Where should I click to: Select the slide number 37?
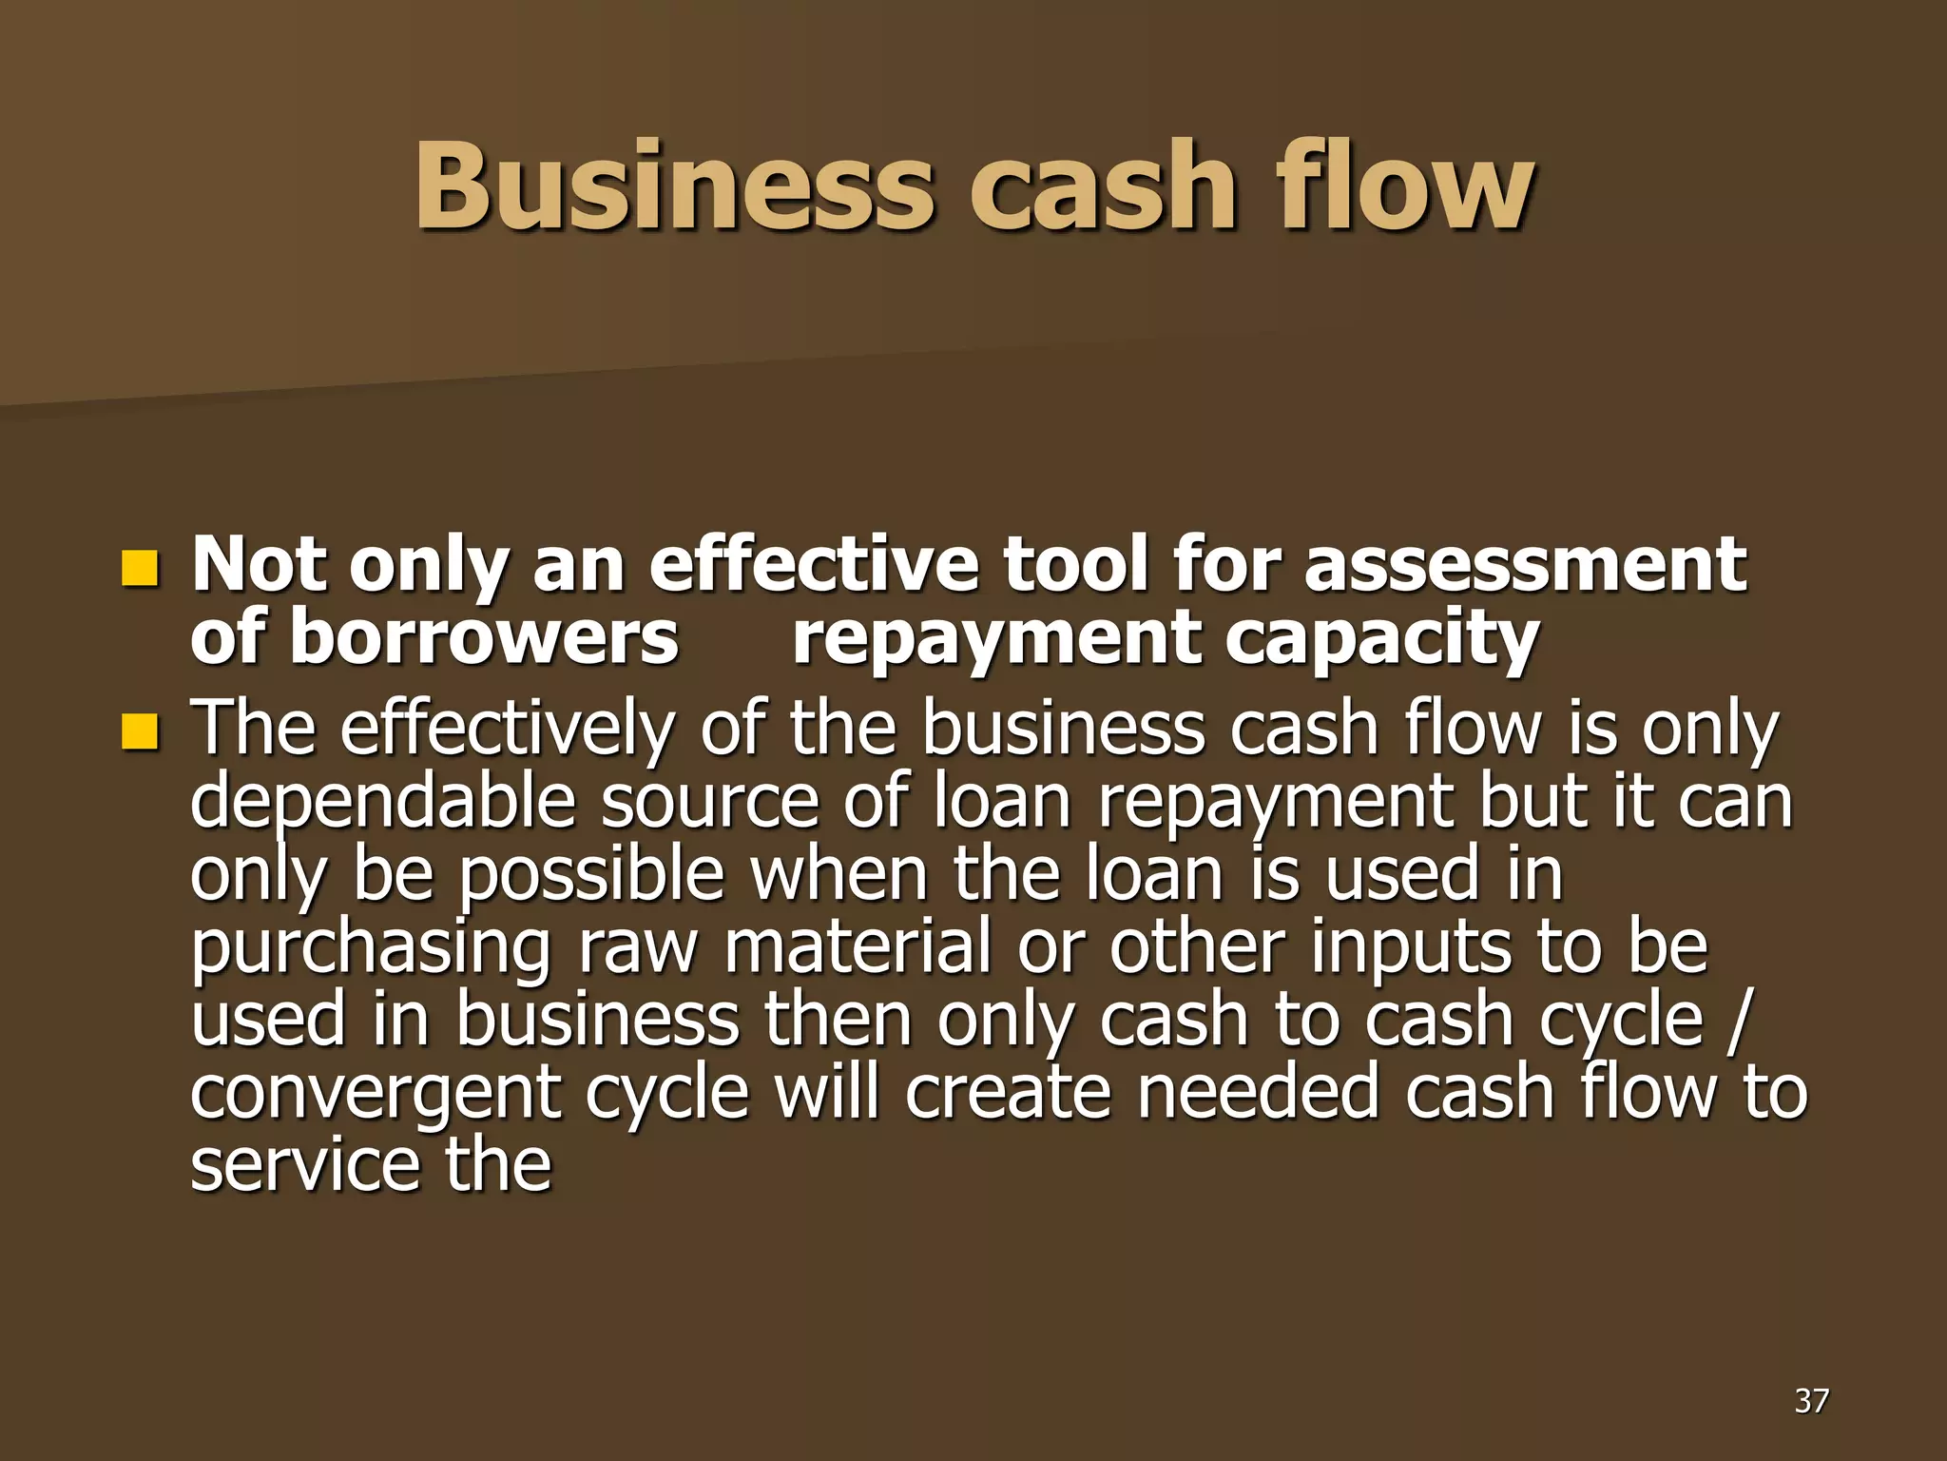pyautogui.click(x=1811, y=1400)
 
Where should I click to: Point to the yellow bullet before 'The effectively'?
pyautogui.click(x=139, y=731)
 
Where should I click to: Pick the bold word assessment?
pyautogui.click(x=1525, y=565)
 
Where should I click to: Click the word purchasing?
pyautogui.click(x=371, y=949)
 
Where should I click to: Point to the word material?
pyautogui.click(x=858, y=947)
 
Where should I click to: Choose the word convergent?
pyautogui.click(x=376, y=1094)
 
